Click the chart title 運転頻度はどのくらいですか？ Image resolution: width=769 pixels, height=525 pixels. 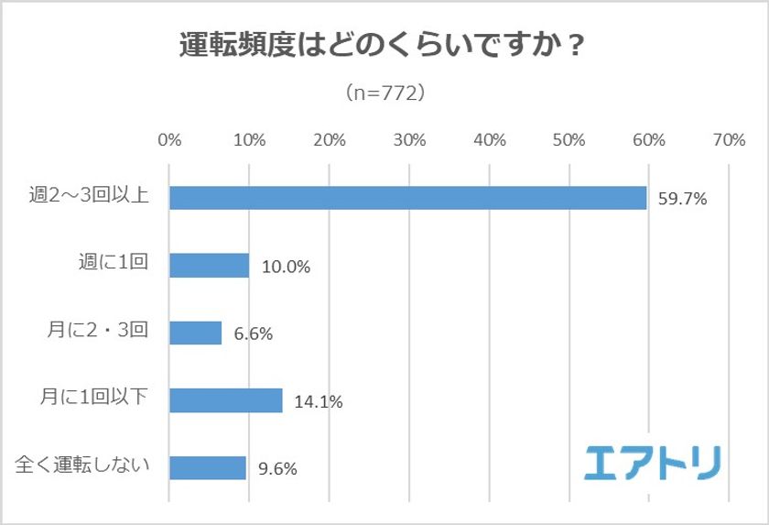tap(384, 46)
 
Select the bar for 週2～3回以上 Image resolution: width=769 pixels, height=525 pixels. tap(407, 198)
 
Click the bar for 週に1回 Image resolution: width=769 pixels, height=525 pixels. tap(209, 266)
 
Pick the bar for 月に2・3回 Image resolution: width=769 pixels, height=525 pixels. tap(195, 333)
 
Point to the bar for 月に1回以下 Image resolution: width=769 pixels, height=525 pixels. tap(225, 400)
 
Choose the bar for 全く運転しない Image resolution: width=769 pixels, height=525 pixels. tap(208, 467)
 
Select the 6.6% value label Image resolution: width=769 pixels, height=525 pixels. tap(253, 334)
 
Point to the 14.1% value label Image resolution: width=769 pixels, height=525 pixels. tap(318, 401)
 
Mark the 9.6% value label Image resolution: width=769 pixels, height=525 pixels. tap(277, 468)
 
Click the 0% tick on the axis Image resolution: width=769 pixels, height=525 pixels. tap(169, 140)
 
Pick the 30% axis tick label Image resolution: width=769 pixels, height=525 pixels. tap(409, 140)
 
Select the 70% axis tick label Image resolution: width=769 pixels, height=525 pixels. tap(729, 140)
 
